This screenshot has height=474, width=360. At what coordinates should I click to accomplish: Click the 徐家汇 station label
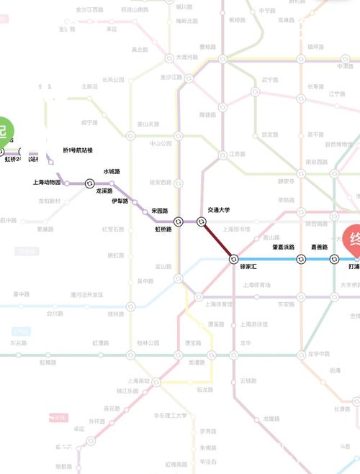coord(248,267)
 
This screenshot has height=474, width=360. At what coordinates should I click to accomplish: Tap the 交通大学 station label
coord(218,209)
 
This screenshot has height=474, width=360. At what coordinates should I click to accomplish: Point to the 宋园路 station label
coord(159,211)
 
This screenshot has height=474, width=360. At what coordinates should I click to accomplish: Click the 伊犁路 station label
coord(120,201)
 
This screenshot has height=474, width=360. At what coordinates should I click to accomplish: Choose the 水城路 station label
coord(112,172)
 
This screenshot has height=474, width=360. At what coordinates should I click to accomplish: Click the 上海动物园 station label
coord(52,183)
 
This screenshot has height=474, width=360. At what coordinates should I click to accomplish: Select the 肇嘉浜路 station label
coord(283,247)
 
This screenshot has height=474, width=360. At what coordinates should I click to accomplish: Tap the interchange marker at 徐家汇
coord(234,258)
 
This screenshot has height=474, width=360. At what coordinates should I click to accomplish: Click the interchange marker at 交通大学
coord(202,222)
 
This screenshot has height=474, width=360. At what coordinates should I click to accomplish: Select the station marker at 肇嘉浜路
coord(302,258)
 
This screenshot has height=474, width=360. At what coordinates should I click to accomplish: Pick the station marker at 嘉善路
coord(334,258)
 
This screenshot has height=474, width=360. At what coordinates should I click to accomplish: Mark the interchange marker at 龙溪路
coord(89,183)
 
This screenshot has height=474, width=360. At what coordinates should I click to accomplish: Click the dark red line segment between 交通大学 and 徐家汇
coord(217,240)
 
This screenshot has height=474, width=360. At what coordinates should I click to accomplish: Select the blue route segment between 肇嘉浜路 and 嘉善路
coord(318,258)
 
